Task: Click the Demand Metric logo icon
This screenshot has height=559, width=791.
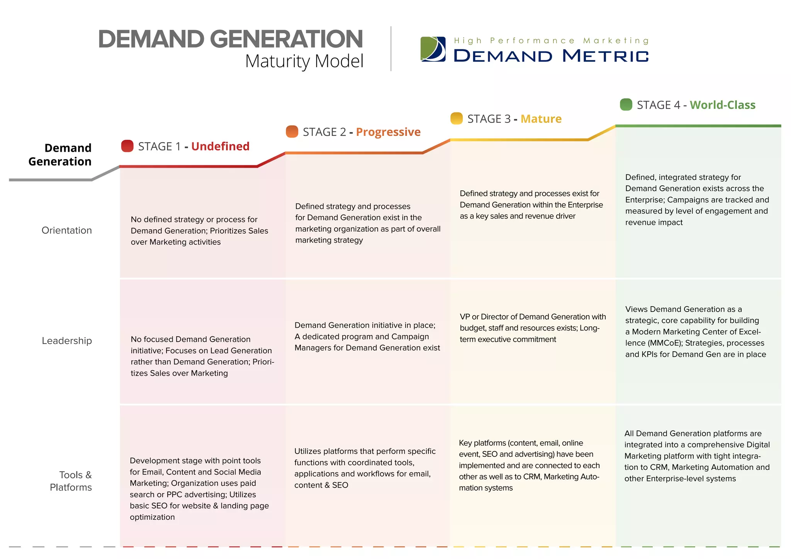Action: pos(433,49)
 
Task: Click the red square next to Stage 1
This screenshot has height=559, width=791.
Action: pos(127,146)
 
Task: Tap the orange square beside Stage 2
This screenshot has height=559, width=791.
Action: pos(292,132)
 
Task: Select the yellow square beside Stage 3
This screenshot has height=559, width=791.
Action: pos(457,118)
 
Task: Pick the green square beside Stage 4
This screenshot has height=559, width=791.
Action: pos(626,104)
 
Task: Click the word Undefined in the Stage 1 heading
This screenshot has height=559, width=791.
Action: pos(220,146)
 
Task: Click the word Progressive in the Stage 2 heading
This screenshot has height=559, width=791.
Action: pos(388,132)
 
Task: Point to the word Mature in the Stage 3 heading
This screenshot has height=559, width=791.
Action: pos(541,119)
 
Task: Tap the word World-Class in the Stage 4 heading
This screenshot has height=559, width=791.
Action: pos(722,105)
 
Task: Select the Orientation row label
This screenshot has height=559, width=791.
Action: pos(66,230)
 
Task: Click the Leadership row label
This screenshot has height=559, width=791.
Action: pos(67,341)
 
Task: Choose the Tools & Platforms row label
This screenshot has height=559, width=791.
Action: pos(71,481)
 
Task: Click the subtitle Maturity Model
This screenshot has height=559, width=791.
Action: pos(304,61)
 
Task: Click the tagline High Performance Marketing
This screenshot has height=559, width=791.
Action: pos(551,41)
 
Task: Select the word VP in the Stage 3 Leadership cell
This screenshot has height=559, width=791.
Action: pos(465,317)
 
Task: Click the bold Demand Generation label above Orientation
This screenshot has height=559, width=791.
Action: pos(60,154)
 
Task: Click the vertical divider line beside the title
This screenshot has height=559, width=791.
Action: pos(391,49)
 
